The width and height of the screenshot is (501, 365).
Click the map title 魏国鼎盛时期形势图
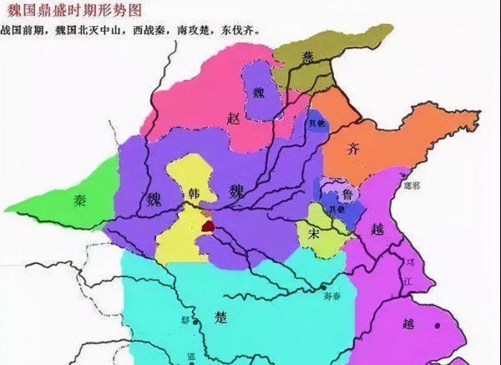click(73, 11)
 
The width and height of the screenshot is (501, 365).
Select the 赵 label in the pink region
click(233, 119)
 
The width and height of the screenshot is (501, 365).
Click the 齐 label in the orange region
click(354, 150)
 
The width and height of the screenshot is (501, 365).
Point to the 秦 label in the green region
click(80, 200)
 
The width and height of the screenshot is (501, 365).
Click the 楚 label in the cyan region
click(220, 317)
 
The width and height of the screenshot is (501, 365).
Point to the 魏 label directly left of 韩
click(154, 199)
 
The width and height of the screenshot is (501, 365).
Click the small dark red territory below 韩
click(207, 225)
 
